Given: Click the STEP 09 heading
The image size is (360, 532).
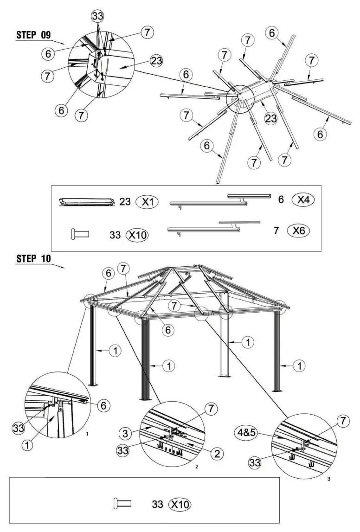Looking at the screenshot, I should pyautogui.click(x=33, y=35).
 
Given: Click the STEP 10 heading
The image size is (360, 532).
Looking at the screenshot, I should pyautogui.click(x=33, y=258).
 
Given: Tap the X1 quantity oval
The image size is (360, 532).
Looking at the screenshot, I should pyautogui.click(x=147, y=202).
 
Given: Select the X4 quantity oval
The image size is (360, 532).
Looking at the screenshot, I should pyautogui.click(x=303, y=199).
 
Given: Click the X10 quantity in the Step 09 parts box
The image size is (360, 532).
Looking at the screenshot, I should pyautogui.click(x=137, y=235).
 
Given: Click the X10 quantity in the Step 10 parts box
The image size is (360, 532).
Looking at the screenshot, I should pyautogui.click(x=180, y=504).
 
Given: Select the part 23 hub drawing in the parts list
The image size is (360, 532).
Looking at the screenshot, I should pyautogui.click(x=87, y=202).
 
